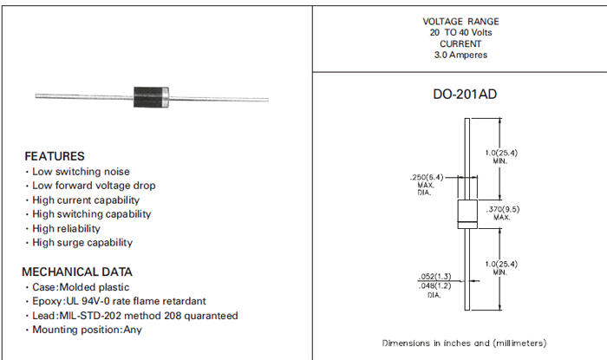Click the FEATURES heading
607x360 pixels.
(x=54, y=156)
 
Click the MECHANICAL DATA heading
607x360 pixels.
(x=77, y=272)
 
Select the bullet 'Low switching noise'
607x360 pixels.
(x=81, y=172)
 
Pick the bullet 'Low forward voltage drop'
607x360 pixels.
(x=94, y=186)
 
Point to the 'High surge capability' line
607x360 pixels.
(x=82, y=243)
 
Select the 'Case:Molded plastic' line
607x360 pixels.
(x=81, y=287)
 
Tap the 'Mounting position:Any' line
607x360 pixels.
(x=87, y=330)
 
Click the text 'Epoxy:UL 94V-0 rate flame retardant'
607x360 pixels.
(x=119, y=301)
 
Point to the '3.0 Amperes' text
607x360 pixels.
(x=460, y=55)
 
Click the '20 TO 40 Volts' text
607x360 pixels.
(x=460, y=32)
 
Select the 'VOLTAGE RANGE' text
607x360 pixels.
(x=460, y=21)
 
